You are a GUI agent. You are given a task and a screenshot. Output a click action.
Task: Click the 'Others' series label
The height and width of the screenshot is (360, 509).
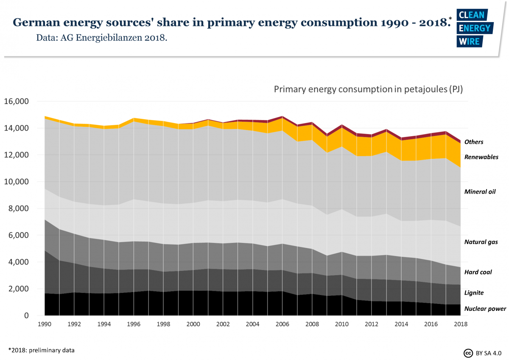474,142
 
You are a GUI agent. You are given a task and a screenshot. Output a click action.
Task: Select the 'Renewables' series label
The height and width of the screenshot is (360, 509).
481,157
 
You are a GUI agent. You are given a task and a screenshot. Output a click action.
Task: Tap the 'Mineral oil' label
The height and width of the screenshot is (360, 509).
480,192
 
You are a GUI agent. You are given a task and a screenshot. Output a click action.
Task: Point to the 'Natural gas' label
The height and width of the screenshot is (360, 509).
481,242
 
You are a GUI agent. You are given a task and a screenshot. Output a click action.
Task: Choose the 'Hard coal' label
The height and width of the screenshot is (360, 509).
478,272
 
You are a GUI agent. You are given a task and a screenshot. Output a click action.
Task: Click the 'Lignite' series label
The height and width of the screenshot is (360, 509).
474,293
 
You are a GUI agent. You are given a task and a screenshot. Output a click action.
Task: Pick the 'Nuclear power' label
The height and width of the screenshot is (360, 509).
485,309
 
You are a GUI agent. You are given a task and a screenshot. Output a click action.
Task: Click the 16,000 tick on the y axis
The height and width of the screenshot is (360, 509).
16,101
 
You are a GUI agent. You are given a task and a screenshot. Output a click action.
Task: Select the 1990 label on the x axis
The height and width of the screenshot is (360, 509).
45,324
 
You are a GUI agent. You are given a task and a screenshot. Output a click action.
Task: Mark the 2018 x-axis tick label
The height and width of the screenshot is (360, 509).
461,324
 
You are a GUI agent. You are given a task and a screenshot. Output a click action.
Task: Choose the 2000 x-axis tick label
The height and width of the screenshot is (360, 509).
193,324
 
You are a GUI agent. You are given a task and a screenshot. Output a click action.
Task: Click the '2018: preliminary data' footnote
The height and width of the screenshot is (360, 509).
41,350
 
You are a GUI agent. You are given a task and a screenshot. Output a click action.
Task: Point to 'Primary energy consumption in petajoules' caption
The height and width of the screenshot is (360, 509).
368,90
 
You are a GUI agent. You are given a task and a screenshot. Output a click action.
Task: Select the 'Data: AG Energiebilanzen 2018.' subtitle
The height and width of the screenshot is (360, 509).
102,38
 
